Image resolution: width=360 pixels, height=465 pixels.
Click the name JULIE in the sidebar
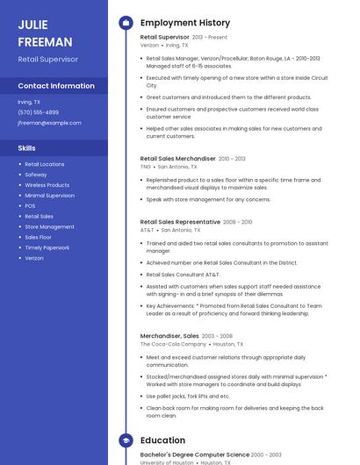point(32,25)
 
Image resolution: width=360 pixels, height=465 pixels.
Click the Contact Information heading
point(56,86)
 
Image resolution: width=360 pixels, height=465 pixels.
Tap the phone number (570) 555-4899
point(39,112)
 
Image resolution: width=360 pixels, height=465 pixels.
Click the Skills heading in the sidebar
point(27,148)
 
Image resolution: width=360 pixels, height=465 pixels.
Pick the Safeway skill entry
point(36,175)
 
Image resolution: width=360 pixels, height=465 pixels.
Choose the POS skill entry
point(30,206)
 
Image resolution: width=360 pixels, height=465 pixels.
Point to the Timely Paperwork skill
point(47,247)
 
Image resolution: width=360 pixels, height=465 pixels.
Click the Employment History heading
point(185,23)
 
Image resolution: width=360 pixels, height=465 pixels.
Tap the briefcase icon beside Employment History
point(125,23)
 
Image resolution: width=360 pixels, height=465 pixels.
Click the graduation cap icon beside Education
point(125,440)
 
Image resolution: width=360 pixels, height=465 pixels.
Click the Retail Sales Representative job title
point(180,222)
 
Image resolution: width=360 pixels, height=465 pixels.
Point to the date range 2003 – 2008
point(217,336)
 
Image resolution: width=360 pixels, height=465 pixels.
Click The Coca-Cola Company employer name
point(169,344)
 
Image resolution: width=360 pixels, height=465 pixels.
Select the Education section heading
point(162,440)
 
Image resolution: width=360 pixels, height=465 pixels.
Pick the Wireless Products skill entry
point(47,185)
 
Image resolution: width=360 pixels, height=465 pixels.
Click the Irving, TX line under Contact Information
point(29,102)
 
